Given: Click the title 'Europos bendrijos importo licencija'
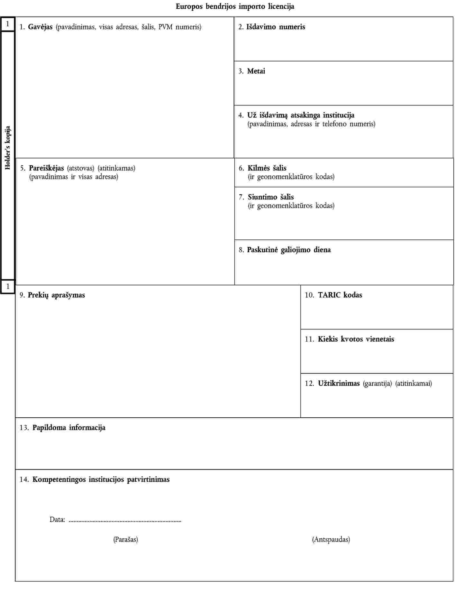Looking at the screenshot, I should [235, 6].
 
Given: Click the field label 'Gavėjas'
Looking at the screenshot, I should [40, 27].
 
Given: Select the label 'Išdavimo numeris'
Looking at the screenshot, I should [276, 27].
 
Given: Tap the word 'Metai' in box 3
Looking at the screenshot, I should [256, 71].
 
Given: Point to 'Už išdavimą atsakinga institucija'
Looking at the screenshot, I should [301, 115].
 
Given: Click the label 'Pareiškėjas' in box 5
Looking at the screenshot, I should [46, 168].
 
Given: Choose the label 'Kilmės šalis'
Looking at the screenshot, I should [267, 168].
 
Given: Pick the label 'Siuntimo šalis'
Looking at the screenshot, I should [270, 197].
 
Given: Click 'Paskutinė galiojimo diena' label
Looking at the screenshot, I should [288, 250].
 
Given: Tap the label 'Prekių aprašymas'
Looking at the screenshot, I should [56, 295].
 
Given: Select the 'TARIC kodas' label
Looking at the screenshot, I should [340, 295].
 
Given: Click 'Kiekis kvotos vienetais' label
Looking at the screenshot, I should [356, 339].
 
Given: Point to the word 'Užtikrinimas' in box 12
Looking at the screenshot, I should [339, 384].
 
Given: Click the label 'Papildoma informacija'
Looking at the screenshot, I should [69, 428].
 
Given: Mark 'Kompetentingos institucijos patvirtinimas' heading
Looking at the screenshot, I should [101, 479].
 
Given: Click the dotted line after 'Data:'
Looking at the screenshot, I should [125, 520].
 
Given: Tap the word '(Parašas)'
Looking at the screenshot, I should [125, 540].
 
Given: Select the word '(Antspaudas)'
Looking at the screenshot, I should [331, 540].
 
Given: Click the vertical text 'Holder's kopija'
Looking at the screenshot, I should [8, 148].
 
